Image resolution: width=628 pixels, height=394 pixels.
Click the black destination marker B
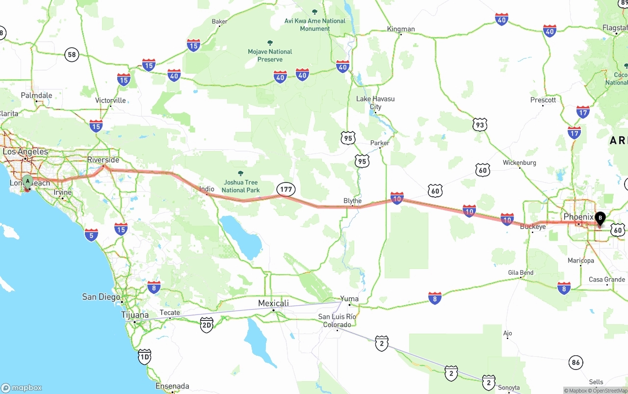(600, 218)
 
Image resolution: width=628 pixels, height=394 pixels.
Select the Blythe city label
(352, 201)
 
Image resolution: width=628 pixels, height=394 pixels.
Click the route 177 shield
(286, 189)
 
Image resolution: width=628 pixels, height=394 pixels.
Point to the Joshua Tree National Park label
(240, 186)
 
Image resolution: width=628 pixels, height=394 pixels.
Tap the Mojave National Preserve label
(270, 55)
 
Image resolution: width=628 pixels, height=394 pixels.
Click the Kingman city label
(401, 29)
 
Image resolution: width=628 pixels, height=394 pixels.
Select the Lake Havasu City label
(375, 103)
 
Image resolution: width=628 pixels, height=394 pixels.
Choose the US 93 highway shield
(480, 125)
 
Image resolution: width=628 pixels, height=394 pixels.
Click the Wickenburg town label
(519, 162)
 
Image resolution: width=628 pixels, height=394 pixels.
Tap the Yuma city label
(349, 298)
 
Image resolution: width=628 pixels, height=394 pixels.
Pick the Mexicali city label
(273, 303)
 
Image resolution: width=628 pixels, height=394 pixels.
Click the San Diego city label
(101, 296)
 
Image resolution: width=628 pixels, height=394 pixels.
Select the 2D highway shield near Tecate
(207, 325)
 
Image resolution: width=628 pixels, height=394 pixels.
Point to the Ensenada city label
(172, 386)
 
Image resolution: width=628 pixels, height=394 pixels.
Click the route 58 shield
(72, 54)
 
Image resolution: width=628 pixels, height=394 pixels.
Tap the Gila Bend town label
(521, 273)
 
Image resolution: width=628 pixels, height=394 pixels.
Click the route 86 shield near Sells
(576, 363)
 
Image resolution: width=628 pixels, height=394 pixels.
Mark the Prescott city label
(543, 100)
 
